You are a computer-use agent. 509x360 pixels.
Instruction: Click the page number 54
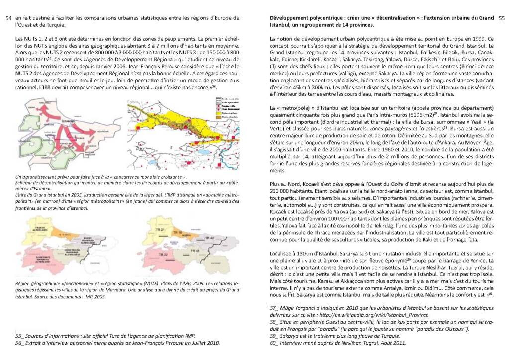7,19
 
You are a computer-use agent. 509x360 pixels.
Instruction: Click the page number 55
501,19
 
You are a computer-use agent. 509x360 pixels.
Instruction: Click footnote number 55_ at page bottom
20,336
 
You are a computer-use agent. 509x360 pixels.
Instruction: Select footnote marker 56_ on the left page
20,343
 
